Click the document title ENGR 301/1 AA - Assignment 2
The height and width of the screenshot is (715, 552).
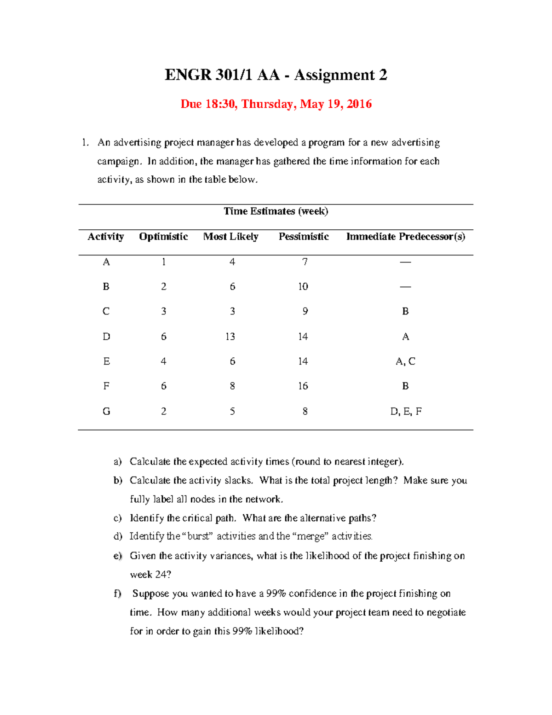pos(276,75)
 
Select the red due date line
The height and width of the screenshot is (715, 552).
pos(276,104)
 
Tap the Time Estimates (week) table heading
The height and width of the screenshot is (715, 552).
pos(276,211)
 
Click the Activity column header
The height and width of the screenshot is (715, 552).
pos(106,237)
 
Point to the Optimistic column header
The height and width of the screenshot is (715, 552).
pos(163,237)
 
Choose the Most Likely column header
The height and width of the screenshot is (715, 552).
pos(231,237)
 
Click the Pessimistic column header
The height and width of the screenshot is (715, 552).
pos(304,237)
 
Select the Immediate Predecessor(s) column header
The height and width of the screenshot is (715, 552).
pos(405,237)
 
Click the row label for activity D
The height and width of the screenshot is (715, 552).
pos(106,337)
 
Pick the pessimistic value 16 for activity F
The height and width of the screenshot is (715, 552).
pos(303,386)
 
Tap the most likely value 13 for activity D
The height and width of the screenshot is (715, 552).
pos(230,337)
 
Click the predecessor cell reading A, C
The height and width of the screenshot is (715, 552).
pos(405,361)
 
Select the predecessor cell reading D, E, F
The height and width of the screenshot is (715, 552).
pos(405,412)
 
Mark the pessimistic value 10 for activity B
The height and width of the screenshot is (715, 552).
pos(303,287)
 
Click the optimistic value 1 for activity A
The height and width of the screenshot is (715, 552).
pos(164,262)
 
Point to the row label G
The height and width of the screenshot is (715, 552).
pos(106,412)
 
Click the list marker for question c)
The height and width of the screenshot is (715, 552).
pos(118,518)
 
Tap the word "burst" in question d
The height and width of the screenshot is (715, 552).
pos(198,536)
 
